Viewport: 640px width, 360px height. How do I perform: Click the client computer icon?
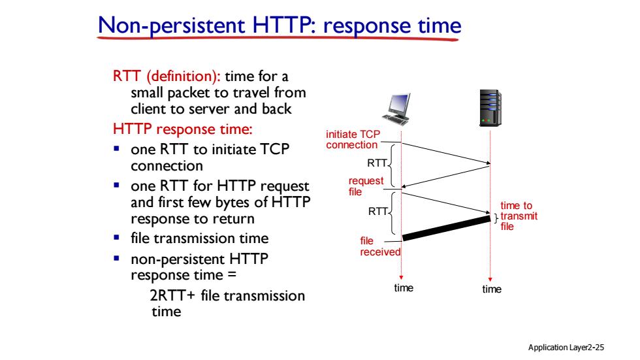click(396, 109)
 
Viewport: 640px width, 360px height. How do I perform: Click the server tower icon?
click(490, 108)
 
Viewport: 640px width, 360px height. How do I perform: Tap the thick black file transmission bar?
click(446, 228)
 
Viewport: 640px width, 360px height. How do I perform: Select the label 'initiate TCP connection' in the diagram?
click(353, 140)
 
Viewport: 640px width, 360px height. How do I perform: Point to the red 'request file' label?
click(366, 186)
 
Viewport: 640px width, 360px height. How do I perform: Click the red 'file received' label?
click(380, 246)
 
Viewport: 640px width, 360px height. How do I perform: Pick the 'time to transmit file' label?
click(519, 216)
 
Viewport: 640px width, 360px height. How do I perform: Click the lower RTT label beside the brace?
click(378, 212)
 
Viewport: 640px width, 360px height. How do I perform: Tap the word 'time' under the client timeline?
click(404, 288)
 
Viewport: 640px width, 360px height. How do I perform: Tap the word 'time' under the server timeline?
click(492, 289)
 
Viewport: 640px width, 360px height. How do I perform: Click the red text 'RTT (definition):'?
click(167, 76)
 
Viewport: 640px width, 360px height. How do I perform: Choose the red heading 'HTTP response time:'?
click(183, 129)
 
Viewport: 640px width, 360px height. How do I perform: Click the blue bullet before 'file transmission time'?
click(117, 237)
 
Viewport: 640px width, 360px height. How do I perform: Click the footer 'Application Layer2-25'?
click(566, 348)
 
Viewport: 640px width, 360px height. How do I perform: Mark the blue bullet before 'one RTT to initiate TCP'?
click(117, 148)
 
